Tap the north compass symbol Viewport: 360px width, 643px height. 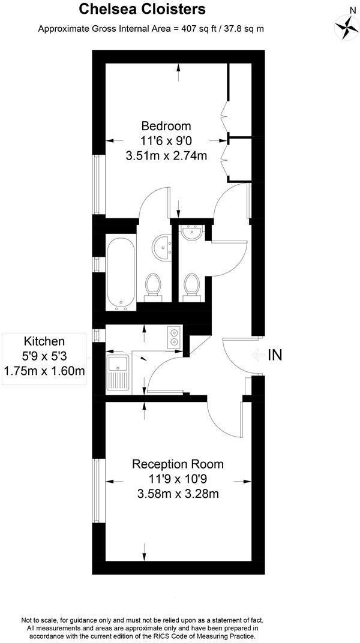[346, 25]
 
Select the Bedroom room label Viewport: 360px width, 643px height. [166, 126]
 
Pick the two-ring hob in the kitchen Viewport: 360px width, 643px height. [174, 336]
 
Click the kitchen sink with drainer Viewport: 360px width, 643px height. [118, 371]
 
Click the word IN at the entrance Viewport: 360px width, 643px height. [274, 354]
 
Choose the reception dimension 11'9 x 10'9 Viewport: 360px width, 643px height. [178, 479]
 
